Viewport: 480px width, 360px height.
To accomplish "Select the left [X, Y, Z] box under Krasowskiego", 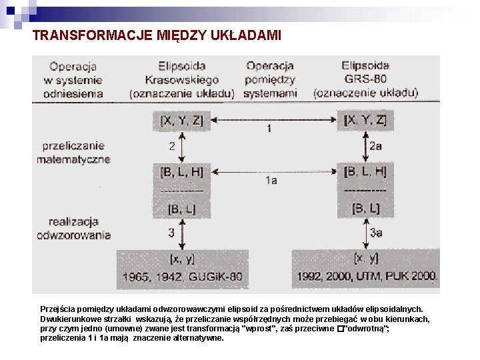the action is point(181,121).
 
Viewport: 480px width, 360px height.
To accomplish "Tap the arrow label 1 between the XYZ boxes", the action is point(269,127).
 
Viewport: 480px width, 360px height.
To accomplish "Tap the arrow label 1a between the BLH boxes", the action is point(271,180).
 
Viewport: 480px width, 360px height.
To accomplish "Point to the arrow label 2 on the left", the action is point(171,145).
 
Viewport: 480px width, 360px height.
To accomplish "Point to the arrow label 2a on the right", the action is point(376,145).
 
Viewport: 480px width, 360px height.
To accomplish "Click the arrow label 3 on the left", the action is point(171,233).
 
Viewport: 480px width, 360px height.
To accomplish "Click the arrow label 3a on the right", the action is point(376,233).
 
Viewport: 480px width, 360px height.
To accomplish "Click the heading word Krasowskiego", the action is point(182,79).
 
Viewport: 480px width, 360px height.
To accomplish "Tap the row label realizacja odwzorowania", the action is point(73,228).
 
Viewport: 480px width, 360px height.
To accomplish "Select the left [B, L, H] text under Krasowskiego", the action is point(181,172).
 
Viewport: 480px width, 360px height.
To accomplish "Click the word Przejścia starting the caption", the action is point(59,309).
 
